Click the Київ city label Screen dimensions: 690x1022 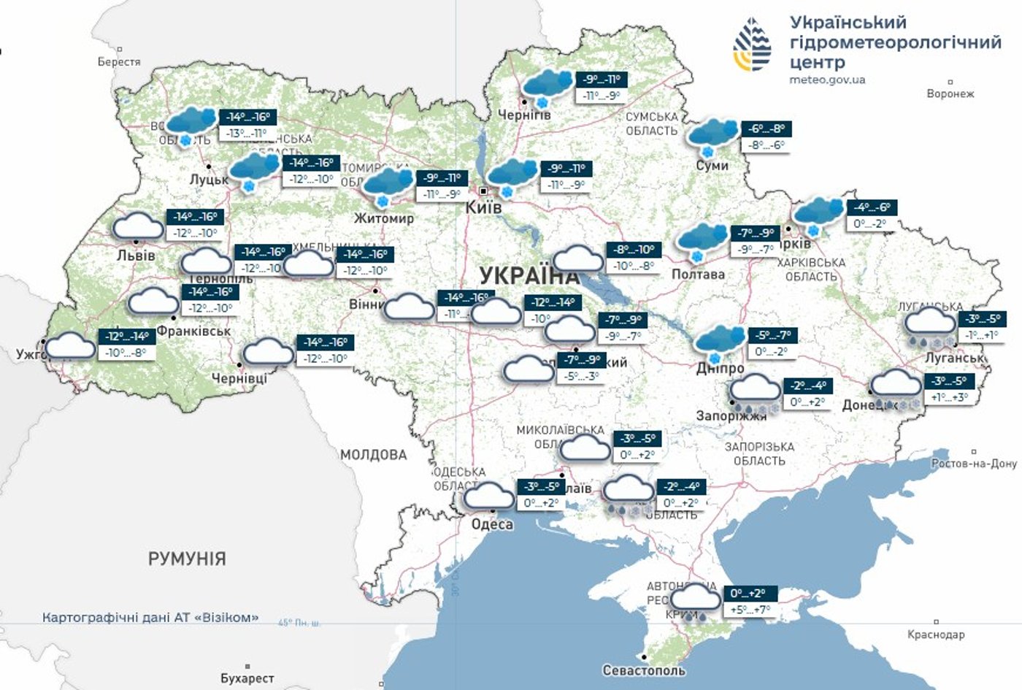tap(483, 208)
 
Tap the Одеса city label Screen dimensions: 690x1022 tap(492, 524)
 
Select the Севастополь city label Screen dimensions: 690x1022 tap(644, 670)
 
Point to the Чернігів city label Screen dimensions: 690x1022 tap(523, 115)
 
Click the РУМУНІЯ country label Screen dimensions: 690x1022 tap(187, 559)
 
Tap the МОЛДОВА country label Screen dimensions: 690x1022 tap(373, 455)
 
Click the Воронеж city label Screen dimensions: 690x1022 tap(950, 93)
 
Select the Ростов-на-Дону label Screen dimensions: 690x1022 tap(974, 464)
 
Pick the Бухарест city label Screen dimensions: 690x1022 tap(247, 678)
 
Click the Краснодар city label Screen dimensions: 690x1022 tap(936, 635)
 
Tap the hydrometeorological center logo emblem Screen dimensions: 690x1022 tap(752, 46)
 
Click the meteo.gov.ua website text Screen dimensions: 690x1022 tap(827, 80)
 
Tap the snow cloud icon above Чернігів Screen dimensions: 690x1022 tap(547, 87)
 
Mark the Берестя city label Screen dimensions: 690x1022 tap(119, 62)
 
